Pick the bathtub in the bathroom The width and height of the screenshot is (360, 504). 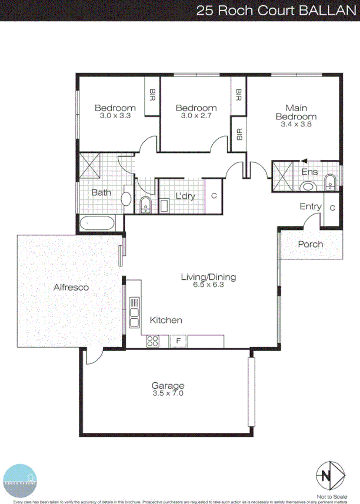(98, 223)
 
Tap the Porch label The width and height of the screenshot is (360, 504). (311, 245)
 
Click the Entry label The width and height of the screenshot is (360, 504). (311, 206)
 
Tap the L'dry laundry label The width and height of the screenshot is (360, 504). (186, 196)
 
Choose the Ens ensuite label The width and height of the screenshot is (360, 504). (309, 172)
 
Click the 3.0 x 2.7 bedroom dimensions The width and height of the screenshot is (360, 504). (196, 116)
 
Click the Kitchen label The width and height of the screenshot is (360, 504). (166, 321)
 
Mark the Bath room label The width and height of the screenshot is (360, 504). (101, 192)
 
